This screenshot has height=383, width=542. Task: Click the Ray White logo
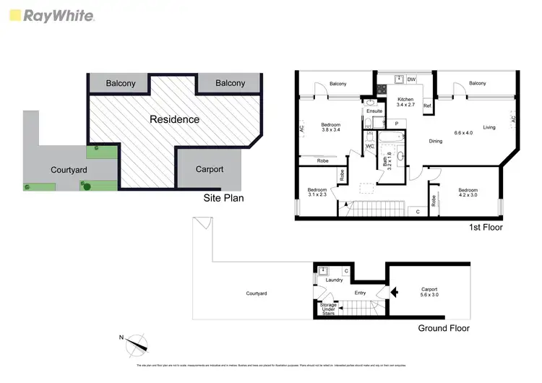click(51, 16)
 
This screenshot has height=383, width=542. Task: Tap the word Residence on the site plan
click(174, 119)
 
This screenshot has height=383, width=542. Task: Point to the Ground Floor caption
click(444, 328)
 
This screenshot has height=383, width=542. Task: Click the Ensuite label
click(374, 111)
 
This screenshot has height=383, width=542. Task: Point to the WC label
click(369, 147)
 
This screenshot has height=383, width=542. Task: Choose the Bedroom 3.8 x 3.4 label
click(330, 128)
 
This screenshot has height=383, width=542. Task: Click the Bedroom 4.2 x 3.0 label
click(468, 193)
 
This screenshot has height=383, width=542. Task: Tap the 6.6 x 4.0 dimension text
click(463, 133)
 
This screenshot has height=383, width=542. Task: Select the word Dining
click(436, 142)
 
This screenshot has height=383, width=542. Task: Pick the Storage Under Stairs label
click(328, 309)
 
